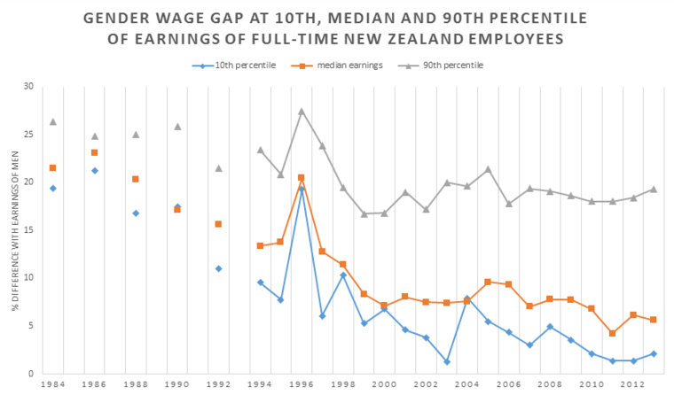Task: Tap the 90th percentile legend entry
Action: coord(443,65)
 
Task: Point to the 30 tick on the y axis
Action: coord(27,87)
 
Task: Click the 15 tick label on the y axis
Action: coord(27,230)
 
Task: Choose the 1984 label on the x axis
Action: coord(53,385)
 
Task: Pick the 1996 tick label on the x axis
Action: coord(302,385)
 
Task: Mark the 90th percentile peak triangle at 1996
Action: coord(302,112)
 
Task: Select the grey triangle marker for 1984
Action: coord(53,121)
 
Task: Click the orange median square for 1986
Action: coord(94,152)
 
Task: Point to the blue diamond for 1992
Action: coord(219,268)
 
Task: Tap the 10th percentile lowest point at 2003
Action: coord(447,361)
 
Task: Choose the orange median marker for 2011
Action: coord(613,333)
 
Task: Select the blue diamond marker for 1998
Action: coord(343,275)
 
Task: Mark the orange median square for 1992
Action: coord(219,224)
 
